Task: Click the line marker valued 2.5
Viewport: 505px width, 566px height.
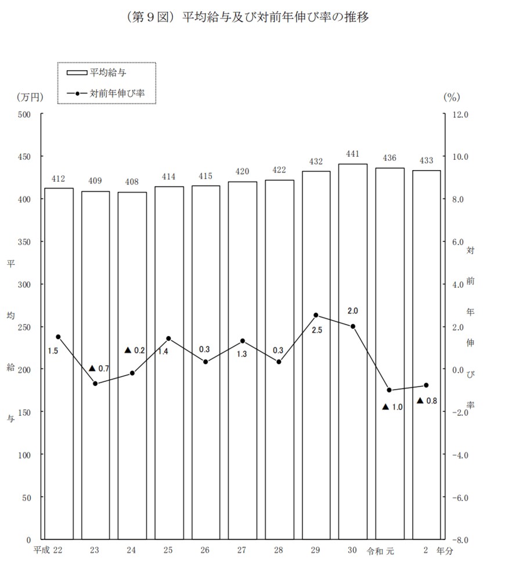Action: [x=316, y=315]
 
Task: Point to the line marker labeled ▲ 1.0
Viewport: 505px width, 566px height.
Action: [x=389, y=390]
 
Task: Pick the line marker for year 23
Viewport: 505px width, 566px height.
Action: [x=95, y=384]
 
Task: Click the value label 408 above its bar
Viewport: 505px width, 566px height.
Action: [x=132, y=182]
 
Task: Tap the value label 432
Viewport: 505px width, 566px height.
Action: [x=316, y=161]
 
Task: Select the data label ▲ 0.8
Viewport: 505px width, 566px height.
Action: [x=427, y=401]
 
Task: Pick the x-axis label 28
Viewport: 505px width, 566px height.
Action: [x=279, y=550]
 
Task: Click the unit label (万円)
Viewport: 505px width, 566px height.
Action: [x=30, y=97]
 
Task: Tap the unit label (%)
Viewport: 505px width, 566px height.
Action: [x=451, y=97]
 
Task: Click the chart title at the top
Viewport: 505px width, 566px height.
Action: [x=246, y=17]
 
